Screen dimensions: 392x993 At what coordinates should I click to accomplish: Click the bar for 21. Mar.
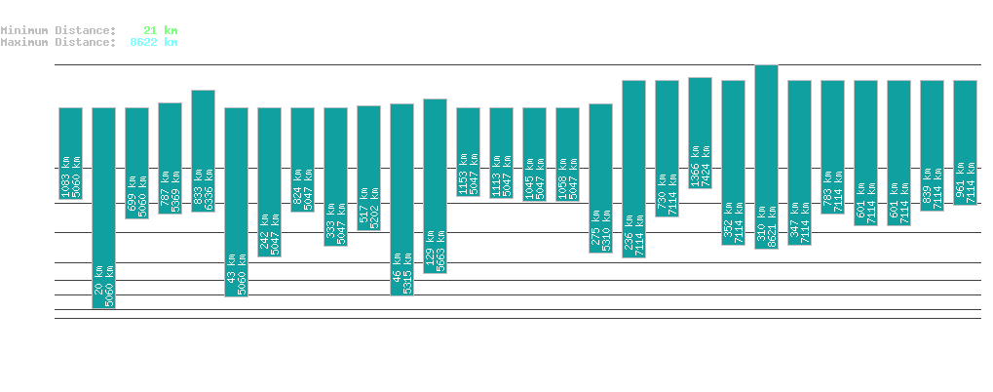pyautogui.click(x=103, y=208)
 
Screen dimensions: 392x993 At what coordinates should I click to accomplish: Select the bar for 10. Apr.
pyautogui.click(x=766, y=156)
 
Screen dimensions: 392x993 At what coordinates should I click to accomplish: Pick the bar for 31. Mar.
pyautogui.click(x=435, y=185)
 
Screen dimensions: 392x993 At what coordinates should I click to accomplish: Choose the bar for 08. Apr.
pyautogui.click(x=700, y=132)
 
